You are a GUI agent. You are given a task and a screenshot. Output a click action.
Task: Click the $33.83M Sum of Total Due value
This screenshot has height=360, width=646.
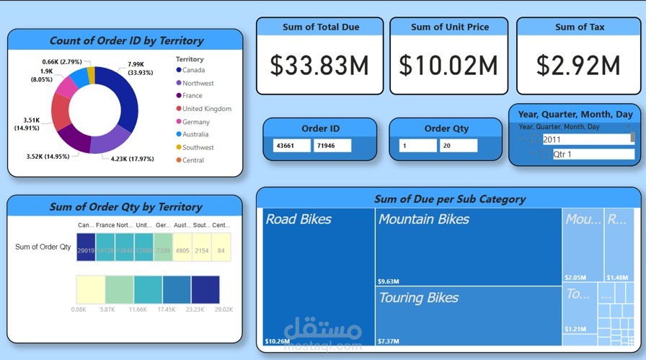click(x=319, y=66)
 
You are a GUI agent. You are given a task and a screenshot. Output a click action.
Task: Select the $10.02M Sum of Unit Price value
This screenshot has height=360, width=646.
click(x=448, y=66)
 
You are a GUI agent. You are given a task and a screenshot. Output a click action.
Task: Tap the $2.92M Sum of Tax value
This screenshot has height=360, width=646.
click(x=580, y=66)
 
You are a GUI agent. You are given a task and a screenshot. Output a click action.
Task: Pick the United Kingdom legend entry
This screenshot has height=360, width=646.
click(x=206, y=109)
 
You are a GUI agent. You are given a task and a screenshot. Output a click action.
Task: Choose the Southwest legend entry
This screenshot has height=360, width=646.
click(x=198, y=147)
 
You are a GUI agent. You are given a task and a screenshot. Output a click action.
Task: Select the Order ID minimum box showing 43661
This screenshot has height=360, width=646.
click(x=291, y=146)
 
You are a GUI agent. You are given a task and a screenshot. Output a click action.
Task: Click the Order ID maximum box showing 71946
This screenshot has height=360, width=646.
click(x=332, y=146)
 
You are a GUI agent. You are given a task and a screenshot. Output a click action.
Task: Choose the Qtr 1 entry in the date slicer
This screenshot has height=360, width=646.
click(x=562, y=154)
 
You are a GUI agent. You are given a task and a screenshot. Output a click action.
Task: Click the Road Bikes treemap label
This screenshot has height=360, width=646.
click(x=298, y=219)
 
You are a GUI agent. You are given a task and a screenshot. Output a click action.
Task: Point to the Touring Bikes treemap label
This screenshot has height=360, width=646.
click(x=418, y=298)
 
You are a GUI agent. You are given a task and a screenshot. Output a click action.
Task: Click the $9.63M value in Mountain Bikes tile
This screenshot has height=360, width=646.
click(x=389, y=281)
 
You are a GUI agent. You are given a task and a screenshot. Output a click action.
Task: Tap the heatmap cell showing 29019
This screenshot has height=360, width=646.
click(x=86, y=250)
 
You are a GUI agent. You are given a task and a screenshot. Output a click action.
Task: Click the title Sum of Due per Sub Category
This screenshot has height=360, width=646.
click(x=449, y=198)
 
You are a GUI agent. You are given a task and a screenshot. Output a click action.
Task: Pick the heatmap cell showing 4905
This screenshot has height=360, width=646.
click(x=182, y=250)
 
